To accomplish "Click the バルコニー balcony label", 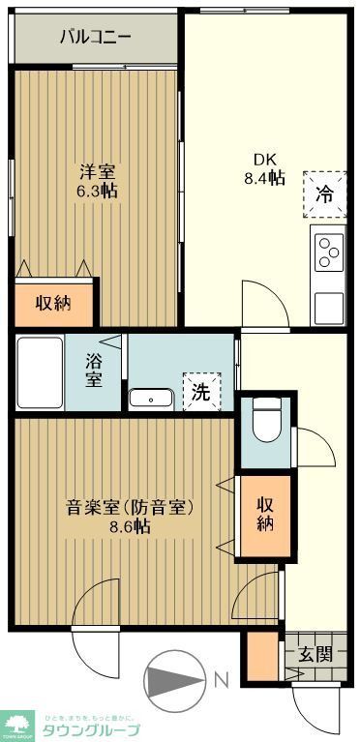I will tap(94, 38).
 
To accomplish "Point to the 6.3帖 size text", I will tap(98, 192).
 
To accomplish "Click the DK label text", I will tap(264, 161).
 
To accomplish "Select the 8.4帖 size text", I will tap(264, 178).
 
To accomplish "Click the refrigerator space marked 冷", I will tap(325, 192).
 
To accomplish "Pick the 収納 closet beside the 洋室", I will tap(54, 303).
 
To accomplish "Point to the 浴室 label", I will tap(94, 369).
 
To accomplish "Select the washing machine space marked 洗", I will tap(201, 393).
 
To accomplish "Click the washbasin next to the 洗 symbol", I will tap(150, 398).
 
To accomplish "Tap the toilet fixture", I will tap(263, 421).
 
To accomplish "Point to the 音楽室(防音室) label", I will tap(131, 507).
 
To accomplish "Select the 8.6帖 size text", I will tap(131, 527).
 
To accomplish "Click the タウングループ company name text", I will tap(90, 728).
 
